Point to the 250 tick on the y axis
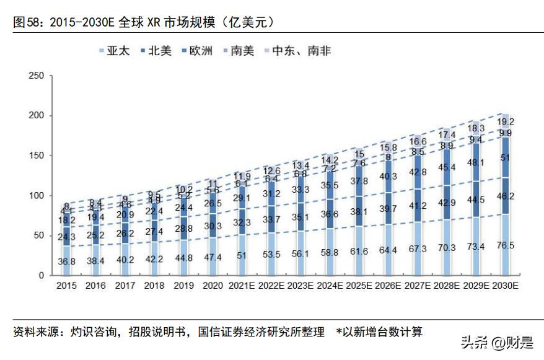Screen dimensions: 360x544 (37, 76)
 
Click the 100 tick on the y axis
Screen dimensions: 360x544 (37, 196)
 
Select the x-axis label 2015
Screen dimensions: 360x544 (67, 286)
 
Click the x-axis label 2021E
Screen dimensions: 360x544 (240, 286)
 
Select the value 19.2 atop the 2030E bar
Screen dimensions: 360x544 (506, 122)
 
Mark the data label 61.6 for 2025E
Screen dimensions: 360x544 (360, 251)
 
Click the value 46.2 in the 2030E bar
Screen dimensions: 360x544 (506, 196)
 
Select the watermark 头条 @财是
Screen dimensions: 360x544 (495, 341)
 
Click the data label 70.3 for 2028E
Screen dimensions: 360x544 (447, 248)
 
